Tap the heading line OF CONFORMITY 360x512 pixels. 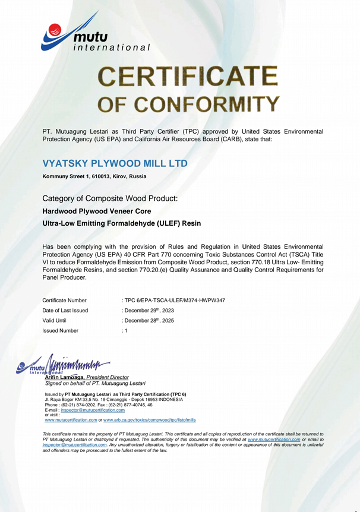pos(189,104)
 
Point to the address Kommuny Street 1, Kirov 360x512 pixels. pos(94,176)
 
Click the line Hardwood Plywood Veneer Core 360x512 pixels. pos(97,211)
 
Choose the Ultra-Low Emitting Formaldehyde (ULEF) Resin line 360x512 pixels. pos(122,223)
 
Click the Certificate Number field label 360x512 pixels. pos(65,300)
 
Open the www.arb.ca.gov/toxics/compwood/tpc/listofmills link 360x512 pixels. pos(149,419)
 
